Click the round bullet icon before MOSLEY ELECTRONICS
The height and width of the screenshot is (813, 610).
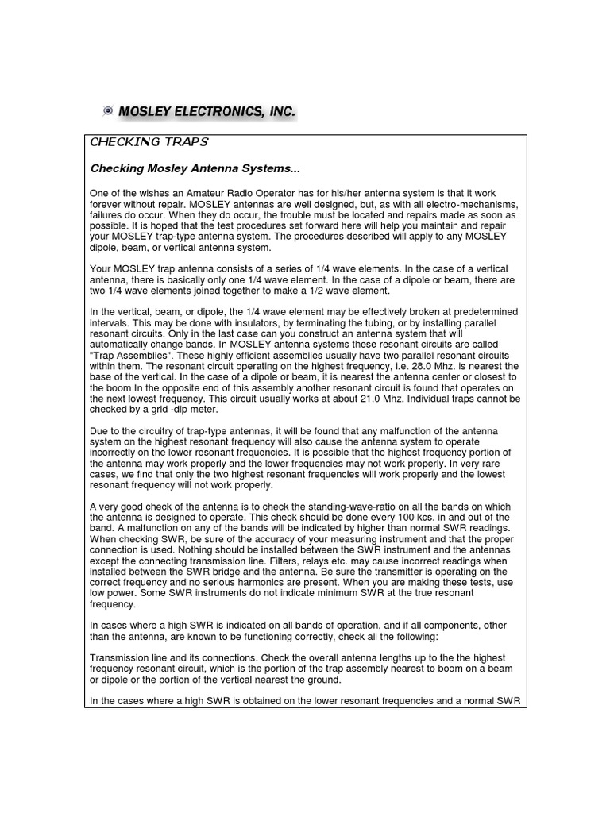(109, 113)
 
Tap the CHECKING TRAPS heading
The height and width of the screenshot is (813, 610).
(149, 142)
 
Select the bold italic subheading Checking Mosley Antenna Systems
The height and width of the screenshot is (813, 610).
(195, 168)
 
